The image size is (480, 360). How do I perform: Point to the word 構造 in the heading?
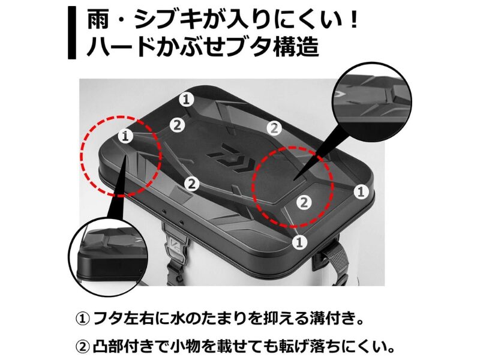click(296, 47)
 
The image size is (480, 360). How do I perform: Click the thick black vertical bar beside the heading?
click(72, 33)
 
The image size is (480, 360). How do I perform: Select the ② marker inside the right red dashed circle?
click(304, 202)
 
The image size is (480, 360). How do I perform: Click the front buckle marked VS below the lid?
click(176, 244)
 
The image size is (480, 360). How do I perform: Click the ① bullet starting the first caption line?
click(82, 319)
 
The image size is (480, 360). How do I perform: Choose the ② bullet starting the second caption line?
click(82, 347)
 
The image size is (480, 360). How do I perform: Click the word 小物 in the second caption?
click(186, 347)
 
